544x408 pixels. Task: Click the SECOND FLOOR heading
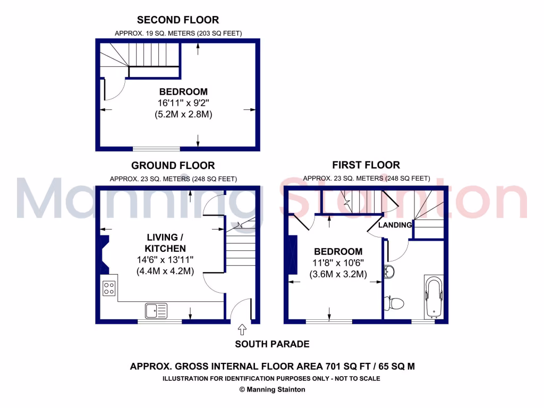(x=177, y=20)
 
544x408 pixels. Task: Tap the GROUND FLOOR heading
(x=173, y=166)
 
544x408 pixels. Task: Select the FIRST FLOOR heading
(x=366, y=165)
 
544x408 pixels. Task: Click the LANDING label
(x=395, y=225)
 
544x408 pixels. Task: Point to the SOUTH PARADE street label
(x=272, y=344)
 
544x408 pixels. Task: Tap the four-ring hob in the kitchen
(x=109, y=288)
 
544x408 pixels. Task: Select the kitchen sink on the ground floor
(x=156, y=309)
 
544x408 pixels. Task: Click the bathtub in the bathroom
(x=432, y=295)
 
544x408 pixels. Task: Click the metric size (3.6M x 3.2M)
(x=338, y=275)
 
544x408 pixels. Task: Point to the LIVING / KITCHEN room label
(x=165, y=242)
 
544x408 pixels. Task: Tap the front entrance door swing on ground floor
(x=241, y=309)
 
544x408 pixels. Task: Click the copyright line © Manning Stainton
(x=272, y=389)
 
